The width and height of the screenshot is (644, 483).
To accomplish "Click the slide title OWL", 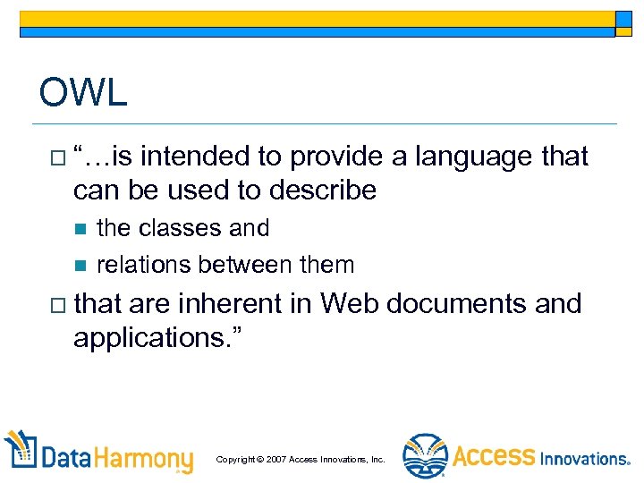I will tap(83, 93).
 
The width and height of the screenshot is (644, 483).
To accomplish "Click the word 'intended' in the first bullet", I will tap(194, 157).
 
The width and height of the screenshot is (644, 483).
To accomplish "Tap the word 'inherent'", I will tap(230, 304).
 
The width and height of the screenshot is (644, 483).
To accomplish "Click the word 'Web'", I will tap(350, 304).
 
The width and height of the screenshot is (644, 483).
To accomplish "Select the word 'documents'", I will tap(462, 304).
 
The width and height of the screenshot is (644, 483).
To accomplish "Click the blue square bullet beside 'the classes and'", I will tap(79, 229).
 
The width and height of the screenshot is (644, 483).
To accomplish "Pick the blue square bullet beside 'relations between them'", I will tap(79, 266).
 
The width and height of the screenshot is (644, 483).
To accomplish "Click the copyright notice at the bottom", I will tap(301, 459).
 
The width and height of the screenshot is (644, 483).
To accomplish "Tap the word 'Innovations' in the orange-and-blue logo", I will tap(584, 458).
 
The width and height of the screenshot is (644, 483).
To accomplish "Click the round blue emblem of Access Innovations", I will tap(424, 455).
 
